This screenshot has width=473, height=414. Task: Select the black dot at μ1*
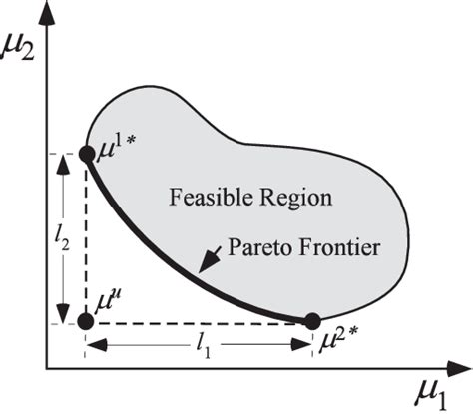pyautogui.click(x=86, y=154)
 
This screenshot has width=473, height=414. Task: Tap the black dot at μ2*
pyautogui.click(x=312, y=321)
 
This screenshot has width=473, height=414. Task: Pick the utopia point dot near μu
pyautogui.click(x=86, y=321)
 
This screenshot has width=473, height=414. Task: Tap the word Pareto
pyautogui.click(x=258, y=243)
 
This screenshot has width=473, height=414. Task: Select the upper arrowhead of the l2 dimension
pyautogui.click(x=61, y=163)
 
